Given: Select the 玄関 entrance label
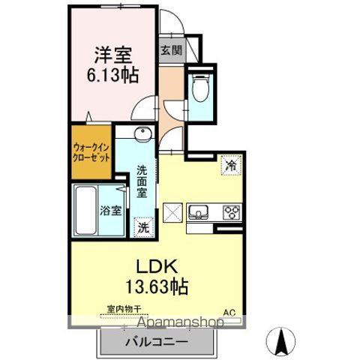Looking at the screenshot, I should coord(170,51).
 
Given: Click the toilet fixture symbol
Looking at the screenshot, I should coord(200,89).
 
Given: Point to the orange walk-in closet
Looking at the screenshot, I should coord(92,154).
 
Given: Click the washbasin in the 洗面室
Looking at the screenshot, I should coord(143,136).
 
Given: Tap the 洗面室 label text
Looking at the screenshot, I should coord(142,181).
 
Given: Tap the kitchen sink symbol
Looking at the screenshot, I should coord(200,211).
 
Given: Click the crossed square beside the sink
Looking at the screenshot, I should coord(174,212).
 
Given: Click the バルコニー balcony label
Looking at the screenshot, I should coord(155,341).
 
